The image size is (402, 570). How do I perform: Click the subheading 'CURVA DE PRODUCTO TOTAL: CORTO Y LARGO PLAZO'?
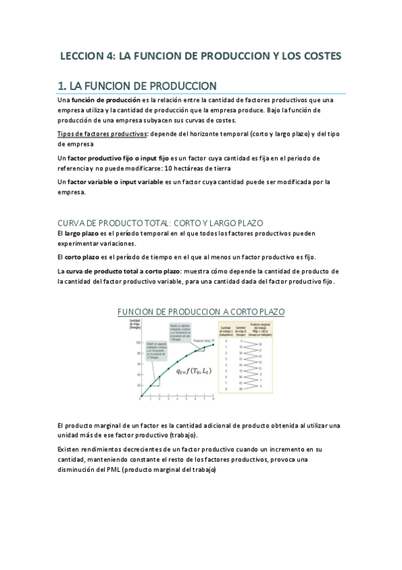(x=161, y=222)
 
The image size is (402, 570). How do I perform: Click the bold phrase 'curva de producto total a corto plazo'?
(x=124, y=271)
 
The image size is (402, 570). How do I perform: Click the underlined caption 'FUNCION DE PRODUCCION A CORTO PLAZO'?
(x=201, y=312)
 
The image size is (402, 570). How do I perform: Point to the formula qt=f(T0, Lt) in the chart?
(x=195, y=370)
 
